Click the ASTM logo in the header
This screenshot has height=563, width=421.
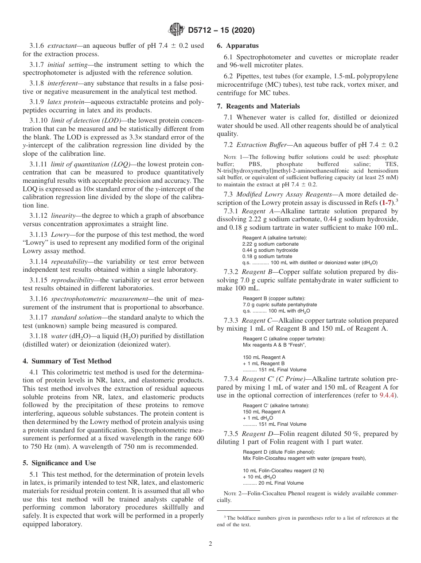click(176, 30)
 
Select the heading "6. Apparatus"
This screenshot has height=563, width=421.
click(238, 46)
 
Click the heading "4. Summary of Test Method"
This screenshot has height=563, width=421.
click(67, 361)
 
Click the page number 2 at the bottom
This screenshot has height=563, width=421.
click(210, 544)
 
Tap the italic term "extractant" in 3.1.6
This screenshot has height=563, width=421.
click(62, 46)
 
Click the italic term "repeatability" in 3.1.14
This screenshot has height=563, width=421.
click(69, 262)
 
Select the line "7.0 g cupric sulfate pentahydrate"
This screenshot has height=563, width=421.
click(280, 305)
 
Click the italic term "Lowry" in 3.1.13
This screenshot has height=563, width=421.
click(60, 234)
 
